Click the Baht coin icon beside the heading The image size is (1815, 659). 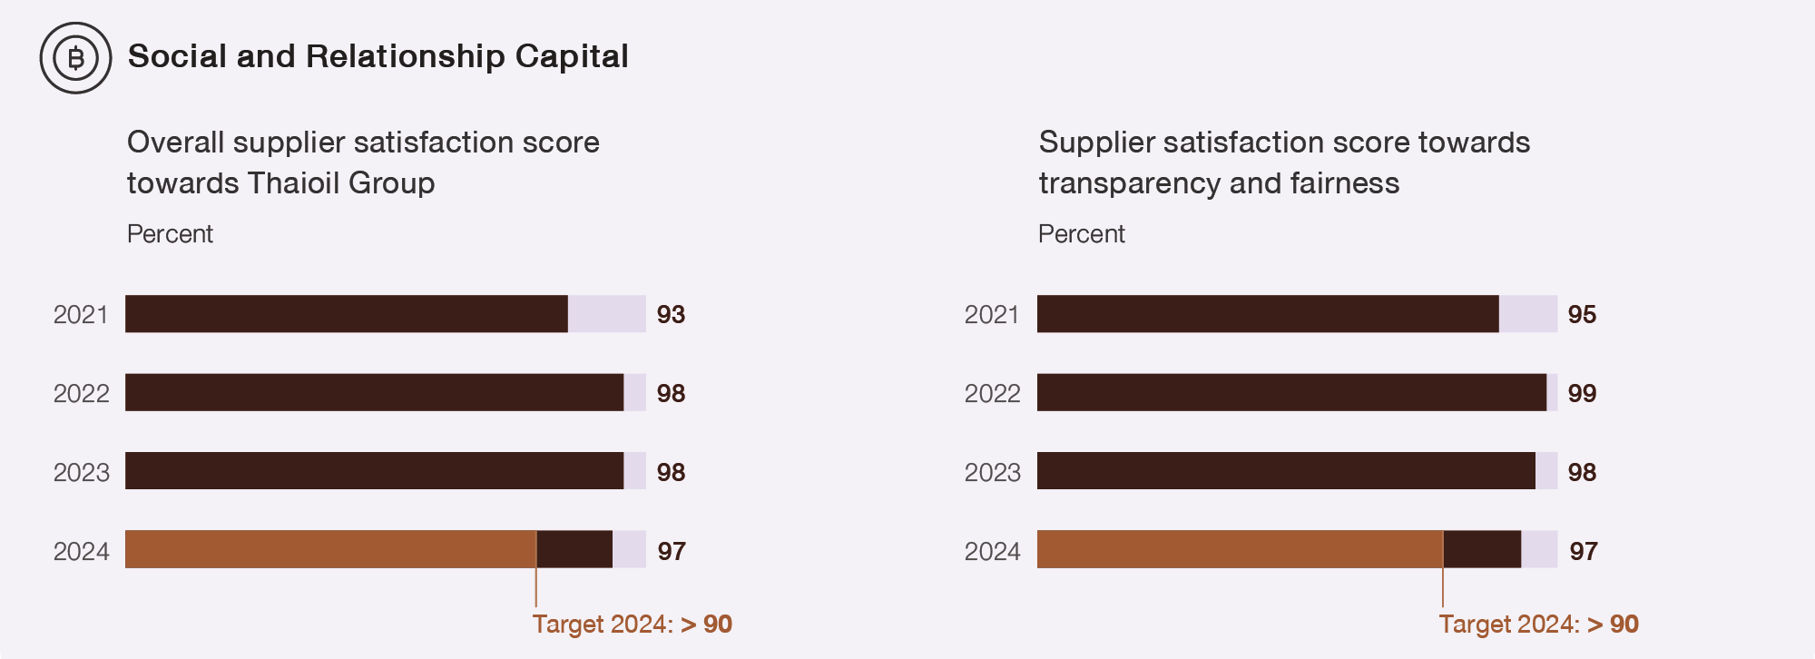(75, 58)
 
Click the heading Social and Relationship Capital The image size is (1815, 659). (378, 56)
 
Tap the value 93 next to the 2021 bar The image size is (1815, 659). (671, 315)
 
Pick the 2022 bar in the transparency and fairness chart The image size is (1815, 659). (1291, 392)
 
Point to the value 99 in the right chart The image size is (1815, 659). (1582, 394)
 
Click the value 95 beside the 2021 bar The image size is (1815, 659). (1582, 315)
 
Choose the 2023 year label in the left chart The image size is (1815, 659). (81, 473)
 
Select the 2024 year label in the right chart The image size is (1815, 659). (992, 552)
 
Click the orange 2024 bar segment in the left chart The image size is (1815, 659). (330, 549)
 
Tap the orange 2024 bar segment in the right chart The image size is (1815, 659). (1240, 549)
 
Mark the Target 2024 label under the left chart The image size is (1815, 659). (632, 625)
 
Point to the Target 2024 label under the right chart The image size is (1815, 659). (1538, 625)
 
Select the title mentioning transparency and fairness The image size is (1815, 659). (1284, 162)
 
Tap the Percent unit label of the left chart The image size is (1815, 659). (170, 234)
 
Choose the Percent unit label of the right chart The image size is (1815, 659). (1081, 234)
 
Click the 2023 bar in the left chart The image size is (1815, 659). (374, 471)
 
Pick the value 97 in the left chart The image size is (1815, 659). (672, 552)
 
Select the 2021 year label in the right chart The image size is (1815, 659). (991, 315)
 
